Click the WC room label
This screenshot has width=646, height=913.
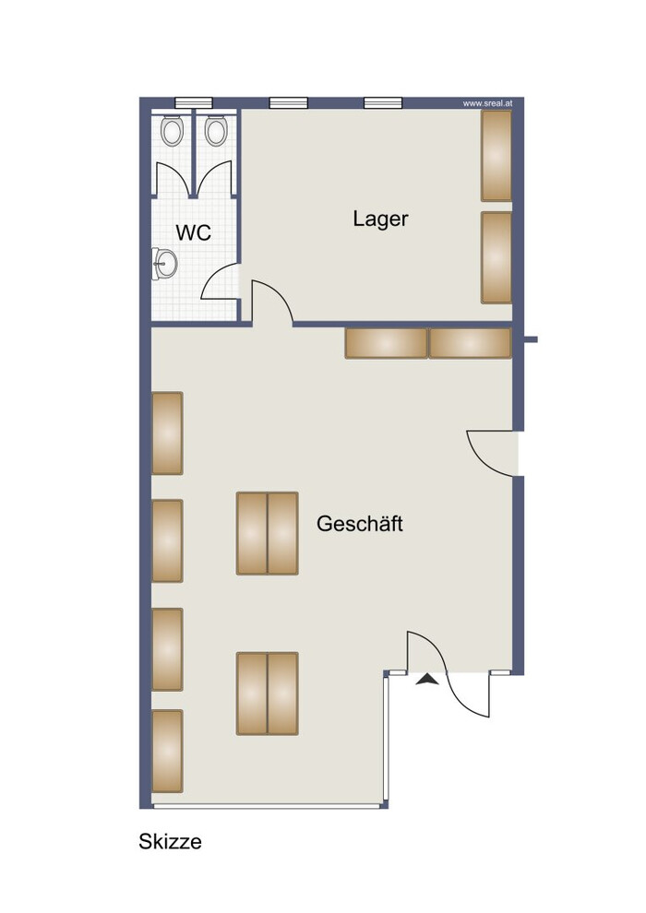tap(194, 232)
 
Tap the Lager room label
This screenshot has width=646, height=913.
tap(380, 219)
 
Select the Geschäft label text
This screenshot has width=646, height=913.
tap(359, 524)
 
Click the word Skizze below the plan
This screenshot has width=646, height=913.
tap(170, 841)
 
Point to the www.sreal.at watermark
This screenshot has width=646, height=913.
tap(487, 103)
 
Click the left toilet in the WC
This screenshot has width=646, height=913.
tap(172, 131)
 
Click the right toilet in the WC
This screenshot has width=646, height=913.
tap(216, 131)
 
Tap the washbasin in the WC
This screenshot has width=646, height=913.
tap(164, 264)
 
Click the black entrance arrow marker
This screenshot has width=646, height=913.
tap(427, 679)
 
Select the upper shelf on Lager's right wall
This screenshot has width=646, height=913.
tap(496, 156)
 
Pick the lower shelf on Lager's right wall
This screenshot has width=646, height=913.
tap(496, 257)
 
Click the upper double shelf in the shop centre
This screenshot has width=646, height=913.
tap(268, 533)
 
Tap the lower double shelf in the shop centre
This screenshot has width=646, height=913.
tap(268, 694)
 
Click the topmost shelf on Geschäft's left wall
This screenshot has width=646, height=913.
tap(167, 433)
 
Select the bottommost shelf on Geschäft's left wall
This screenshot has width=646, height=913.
tap(167, 751)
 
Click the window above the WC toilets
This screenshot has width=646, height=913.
tap(194, 103)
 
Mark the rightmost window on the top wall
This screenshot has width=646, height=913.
tap(383, 103)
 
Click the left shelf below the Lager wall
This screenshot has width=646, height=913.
tap(386, 343)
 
